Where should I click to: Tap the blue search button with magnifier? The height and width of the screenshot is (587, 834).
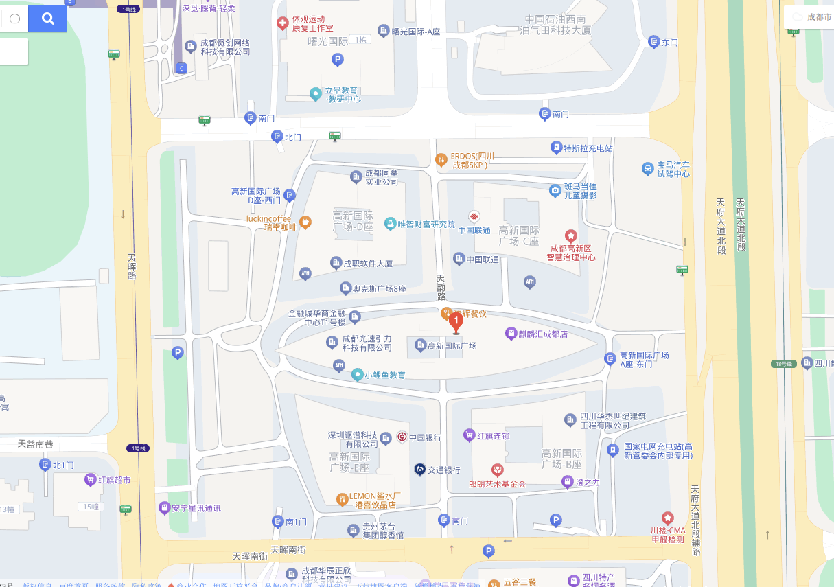coord(47,19)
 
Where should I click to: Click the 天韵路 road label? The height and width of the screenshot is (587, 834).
coord(441,288)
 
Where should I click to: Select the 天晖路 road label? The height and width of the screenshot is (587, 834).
coord(132,267)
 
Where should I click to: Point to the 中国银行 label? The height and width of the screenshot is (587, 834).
coord(425,437)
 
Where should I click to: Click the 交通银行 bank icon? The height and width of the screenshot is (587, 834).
coord(419,470)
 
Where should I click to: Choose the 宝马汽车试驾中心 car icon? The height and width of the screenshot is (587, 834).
coord(647,168)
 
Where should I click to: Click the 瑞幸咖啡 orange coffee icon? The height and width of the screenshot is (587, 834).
coord(305,222)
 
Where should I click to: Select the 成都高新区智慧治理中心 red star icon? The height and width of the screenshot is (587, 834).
coord(570,235)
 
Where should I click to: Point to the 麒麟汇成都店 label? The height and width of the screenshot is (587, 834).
coord(543,334)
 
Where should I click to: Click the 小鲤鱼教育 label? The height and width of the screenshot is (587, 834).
coord(385,375)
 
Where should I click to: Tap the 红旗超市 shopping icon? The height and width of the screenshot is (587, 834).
coord(90,479)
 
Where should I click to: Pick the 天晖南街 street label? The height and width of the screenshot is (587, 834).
coord(288,550)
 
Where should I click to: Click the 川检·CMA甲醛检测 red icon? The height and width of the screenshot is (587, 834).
coord(667,518)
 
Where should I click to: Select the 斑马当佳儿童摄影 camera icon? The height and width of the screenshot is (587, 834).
coord(555,190)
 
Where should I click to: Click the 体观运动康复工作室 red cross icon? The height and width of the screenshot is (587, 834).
coord(282,23)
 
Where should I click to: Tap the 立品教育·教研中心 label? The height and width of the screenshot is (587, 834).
coord(342,94)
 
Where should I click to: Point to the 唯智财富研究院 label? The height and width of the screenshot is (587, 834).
coord(426,224)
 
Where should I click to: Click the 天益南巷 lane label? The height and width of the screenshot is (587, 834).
coord(36,444)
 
